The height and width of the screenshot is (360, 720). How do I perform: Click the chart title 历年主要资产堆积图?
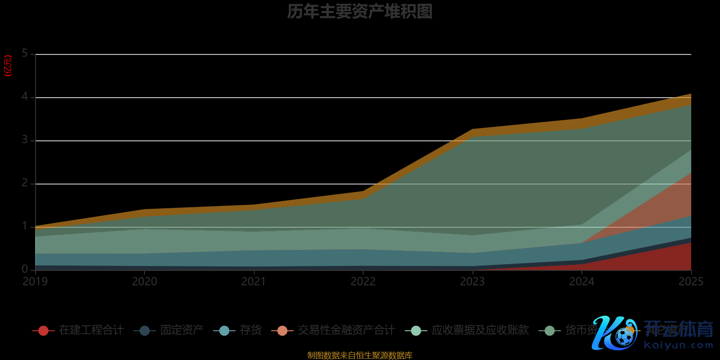click(360, 12)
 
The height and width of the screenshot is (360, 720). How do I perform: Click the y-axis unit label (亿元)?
click(8, 66)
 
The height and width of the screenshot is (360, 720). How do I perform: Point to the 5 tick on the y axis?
click(25, 54)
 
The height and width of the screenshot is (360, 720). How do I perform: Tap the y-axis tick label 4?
click(25, 97)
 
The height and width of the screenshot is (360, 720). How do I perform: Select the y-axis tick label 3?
click(25, 140)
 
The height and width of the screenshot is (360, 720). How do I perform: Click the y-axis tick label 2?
click(25, 183)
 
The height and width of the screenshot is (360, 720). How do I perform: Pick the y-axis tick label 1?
click(25, 226)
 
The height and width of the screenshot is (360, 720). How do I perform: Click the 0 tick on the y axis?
click(25, 269)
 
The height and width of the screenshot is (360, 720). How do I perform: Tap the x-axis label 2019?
click(35, 282)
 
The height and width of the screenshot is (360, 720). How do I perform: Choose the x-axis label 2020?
click(144, 282)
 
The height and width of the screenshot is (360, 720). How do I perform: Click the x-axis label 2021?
click(254, 282)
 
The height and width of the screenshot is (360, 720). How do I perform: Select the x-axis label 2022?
click(363, 282)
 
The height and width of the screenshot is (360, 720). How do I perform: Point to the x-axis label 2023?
click(472, 282)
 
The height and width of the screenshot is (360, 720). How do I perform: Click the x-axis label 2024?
click(582, 282)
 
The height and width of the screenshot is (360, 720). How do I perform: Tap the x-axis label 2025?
click(691, 282)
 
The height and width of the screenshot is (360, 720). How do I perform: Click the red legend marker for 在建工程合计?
click(43, 331)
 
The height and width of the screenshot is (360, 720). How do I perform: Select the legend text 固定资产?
click(182, 330)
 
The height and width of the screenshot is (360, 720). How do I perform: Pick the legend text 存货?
click(251, 330)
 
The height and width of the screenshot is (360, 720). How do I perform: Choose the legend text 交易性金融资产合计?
click(346, 330)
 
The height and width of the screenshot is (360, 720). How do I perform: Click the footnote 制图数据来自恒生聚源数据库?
click(360, 355)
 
